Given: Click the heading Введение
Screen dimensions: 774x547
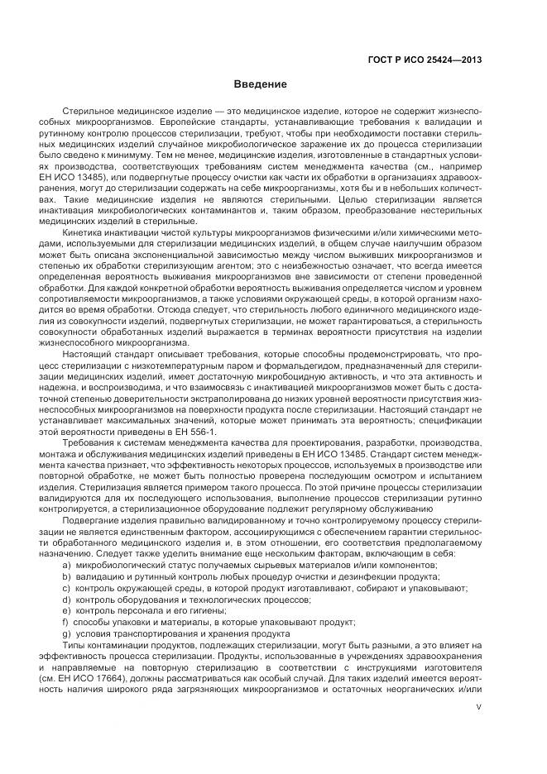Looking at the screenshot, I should (260, 84).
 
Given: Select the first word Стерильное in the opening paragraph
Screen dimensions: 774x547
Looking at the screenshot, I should (86, 110).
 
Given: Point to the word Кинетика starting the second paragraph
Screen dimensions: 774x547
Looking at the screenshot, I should (83, 210).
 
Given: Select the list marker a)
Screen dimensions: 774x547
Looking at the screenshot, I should (65, 565).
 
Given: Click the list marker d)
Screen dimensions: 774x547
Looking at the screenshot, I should (65, 599).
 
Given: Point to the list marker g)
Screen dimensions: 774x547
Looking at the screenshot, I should (65, 633).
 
